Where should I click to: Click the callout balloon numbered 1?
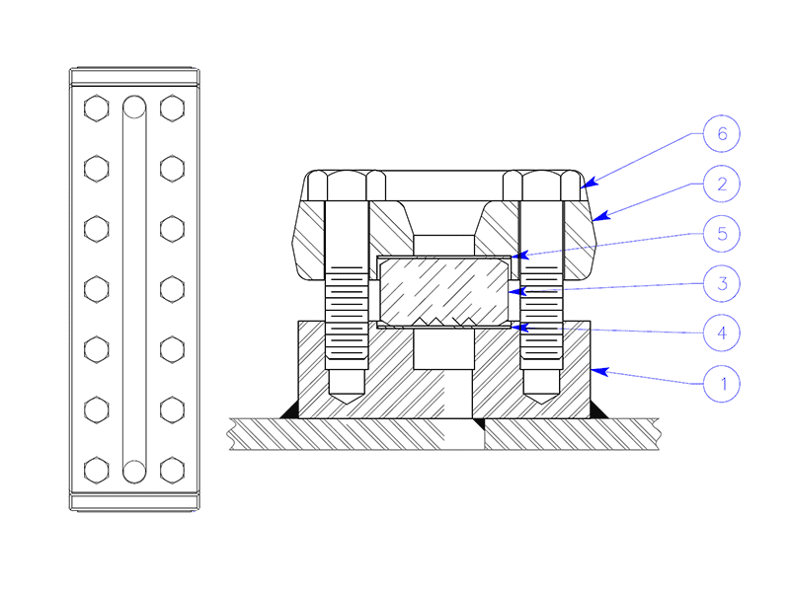(x=722, y=383)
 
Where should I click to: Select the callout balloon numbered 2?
(x=722, y=183)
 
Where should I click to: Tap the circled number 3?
(x=722, y=283)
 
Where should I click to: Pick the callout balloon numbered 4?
(x=722, y=333)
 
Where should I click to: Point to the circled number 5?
(x=722, y=234)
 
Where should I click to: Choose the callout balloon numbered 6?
(x=722, y=132)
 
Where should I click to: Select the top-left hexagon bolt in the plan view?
(x=96, y=109)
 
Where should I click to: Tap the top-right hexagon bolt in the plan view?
(x=172, y=109)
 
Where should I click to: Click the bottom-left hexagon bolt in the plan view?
(x=96, y=470)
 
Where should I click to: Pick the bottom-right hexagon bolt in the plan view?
(x=172, y=470)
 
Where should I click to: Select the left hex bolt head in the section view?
(x=346, y=185)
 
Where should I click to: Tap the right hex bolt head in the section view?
(x=541, y=185)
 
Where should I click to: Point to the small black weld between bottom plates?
(x=478, y=423)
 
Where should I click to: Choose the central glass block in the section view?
(x=443, y=292)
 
